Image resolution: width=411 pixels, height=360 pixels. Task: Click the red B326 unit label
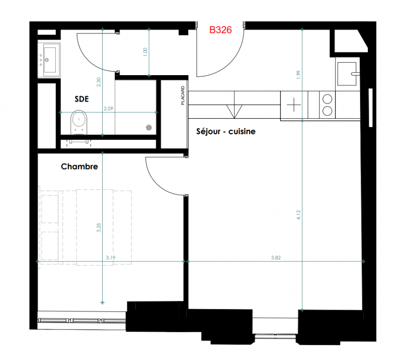221,30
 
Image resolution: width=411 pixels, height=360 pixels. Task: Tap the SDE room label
81,99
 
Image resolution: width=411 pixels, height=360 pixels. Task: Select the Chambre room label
79,166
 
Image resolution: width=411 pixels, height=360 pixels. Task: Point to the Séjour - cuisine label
226,131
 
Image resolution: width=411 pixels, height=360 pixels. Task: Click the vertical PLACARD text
183,96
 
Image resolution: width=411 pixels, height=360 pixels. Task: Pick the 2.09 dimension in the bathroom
108,108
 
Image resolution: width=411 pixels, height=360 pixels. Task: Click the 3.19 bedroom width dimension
111,257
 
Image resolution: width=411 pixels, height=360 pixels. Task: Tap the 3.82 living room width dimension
276,257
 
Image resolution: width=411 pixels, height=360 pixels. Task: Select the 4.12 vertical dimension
298,215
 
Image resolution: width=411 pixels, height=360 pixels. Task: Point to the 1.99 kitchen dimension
298,75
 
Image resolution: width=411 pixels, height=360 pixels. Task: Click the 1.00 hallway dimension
145,52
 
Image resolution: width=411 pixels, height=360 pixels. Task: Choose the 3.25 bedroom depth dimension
99,227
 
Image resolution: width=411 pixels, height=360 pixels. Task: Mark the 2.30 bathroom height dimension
99,82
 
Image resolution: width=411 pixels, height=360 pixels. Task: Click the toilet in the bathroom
79,122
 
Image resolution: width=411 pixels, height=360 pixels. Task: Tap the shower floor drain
149,128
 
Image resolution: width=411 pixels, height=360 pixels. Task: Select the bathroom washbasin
49,60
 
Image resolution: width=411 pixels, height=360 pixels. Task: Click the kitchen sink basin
347,74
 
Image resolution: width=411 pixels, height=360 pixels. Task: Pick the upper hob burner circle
327,99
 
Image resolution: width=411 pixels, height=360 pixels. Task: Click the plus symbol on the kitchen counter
294,105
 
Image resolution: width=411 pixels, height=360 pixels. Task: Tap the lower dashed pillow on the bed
50,246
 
